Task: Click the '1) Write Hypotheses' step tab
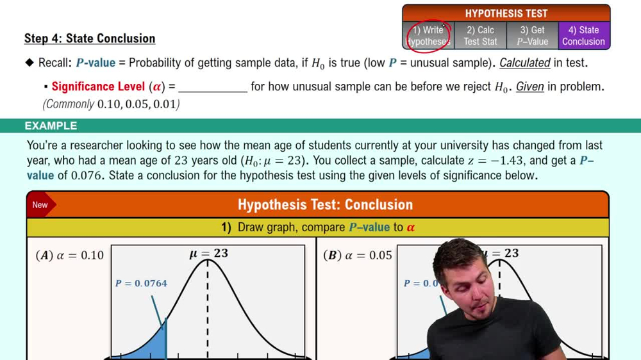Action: [x=428, y=36]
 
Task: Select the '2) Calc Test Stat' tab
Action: [x=480, y=36]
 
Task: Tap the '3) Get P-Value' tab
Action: [x=532, y=36]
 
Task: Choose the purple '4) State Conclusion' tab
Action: [x=583, y=36]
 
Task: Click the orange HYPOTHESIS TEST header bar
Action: [x=506, y=13]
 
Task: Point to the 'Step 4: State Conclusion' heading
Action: [x=90, y=38]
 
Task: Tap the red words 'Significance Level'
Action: [x=98, y=86]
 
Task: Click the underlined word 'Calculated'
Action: [x=524, y=63]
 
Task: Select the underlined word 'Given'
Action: [x=529, y=86]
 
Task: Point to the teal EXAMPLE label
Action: [x=51, y=126]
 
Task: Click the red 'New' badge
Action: [x=40, y=205]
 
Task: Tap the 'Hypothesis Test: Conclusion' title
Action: [x=325, y=205]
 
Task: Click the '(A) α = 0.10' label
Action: [x=70, y=256]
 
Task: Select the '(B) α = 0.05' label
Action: [x=358, y=256]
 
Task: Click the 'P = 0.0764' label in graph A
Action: [x=141, y=283]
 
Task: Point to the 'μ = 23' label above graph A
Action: [x=208, y=254]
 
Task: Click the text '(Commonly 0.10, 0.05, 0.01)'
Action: [x=111, y=104]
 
